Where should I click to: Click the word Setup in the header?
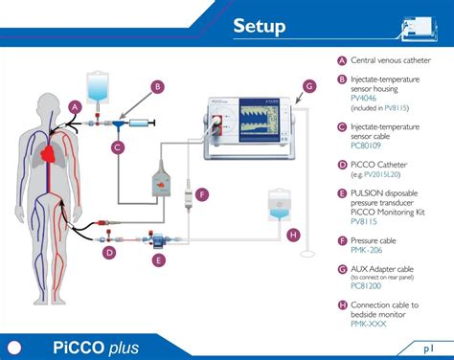pos(259,27)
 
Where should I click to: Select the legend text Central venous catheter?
pos(391,60)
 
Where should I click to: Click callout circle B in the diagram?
pos(157,86)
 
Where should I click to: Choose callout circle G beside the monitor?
pos(308,86)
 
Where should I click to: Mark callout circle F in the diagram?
pos(201,194)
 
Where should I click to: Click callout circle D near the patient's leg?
pos(109,253)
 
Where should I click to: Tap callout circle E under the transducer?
pos(159,259)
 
